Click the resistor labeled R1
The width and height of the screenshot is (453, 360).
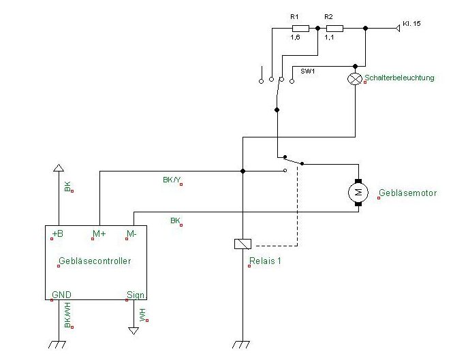point(300,28)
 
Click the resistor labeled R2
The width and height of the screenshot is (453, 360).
point(334,28)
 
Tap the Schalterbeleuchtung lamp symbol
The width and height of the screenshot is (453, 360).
point(354,78)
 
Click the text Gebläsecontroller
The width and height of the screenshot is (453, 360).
point(95,261)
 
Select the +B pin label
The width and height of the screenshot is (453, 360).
point(58,234)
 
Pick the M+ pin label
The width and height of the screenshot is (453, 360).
point(99,234)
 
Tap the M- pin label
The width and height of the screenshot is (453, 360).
point(132,234)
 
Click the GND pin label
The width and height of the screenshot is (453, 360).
point(61,295)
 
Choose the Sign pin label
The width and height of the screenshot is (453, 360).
point(136,295)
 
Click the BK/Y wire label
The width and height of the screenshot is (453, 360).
point(172,180)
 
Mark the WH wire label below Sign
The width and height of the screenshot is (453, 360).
point(142,314)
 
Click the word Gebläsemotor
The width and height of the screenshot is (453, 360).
point(408,193)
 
